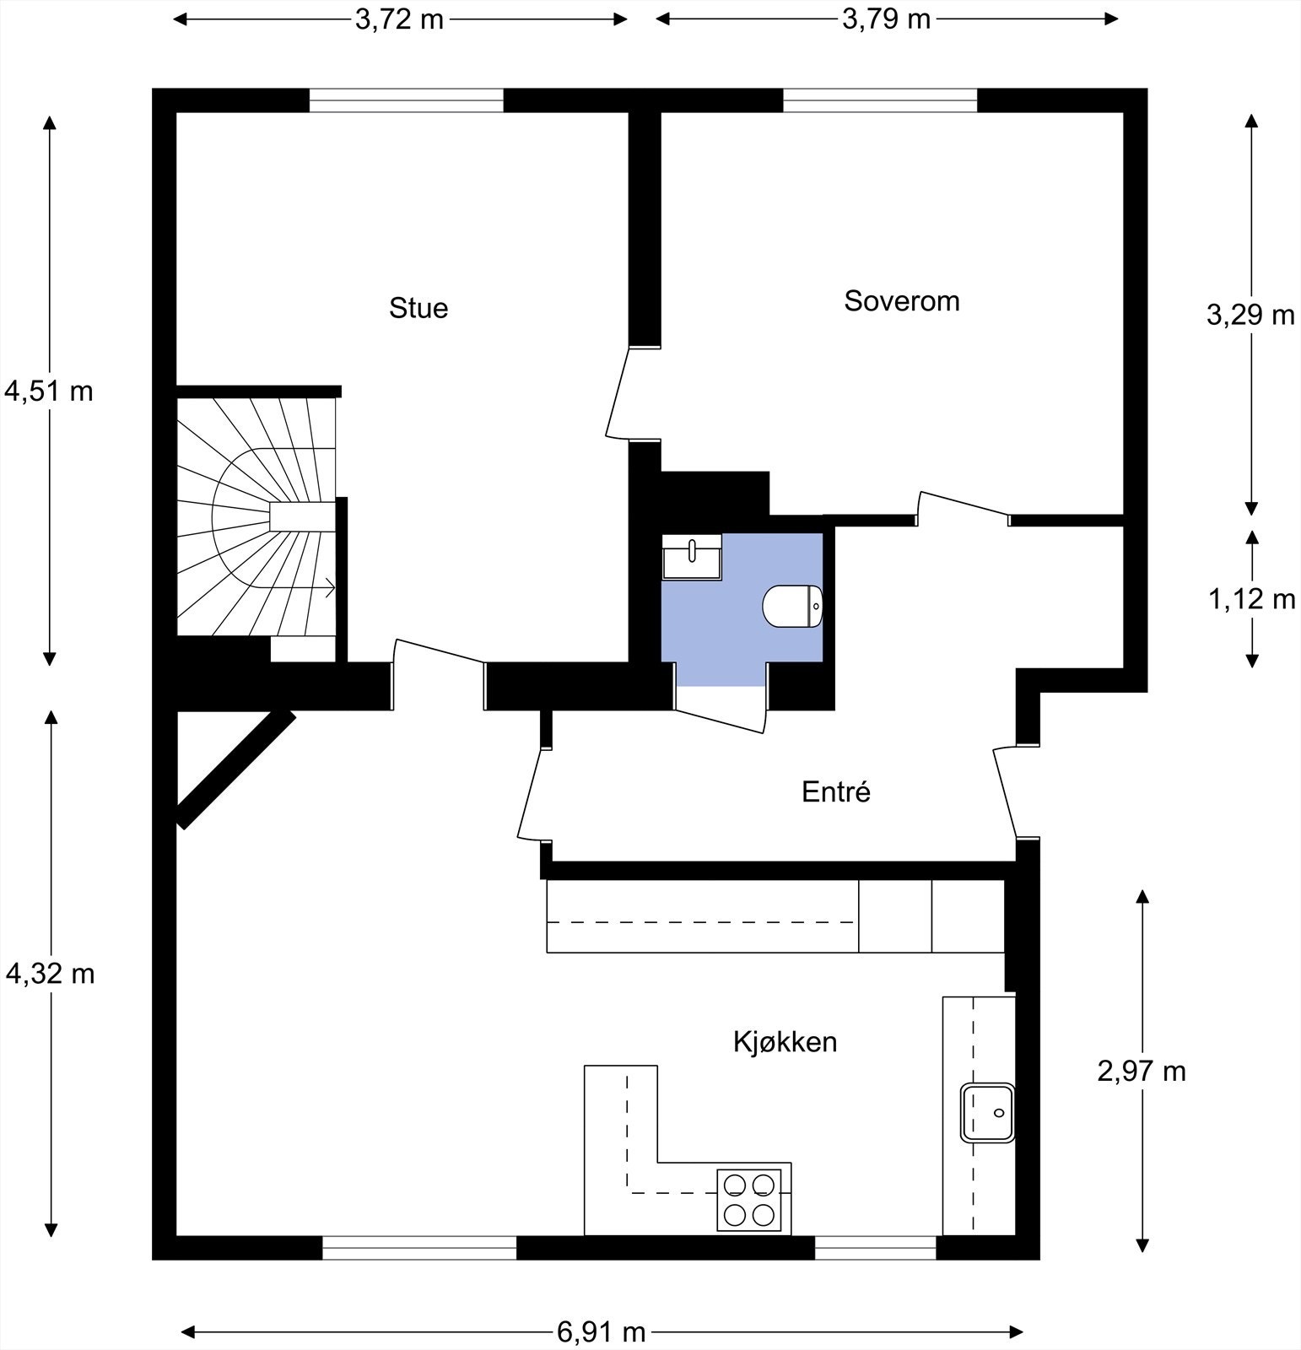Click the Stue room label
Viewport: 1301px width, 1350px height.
[x=418, y=308]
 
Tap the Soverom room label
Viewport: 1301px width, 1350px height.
[x=901, y=301]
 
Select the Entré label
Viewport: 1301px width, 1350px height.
[x=835, y=791]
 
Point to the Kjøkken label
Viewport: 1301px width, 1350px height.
[x=785, y=1042]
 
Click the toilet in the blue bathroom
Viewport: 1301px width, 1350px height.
[x=791, y=606]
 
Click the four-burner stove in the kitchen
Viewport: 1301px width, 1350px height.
[x=748, y=1200]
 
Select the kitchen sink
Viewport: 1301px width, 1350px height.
[x=987, y=1113]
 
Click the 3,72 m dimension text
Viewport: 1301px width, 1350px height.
[x=399, y=19]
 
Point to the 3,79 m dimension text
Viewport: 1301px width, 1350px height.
[x=886, y=19]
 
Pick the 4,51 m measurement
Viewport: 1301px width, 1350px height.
[x=49, y=391]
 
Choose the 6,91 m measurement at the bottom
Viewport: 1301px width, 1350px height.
[x=601, y=1332]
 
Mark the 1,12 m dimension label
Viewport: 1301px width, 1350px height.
[x=1251, y=599]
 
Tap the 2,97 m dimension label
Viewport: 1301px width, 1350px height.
[x=1142, y=1071]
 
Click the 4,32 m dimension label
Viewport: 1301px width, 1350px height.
[x=50, y=974]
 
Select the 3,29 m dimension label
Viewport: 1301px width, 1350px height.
[x=1250, y=315]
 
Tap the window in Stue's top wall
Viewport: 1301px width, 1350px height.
[x=406, y=100]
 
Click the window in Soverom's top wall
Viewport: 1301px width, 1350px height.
[x=880, y=100]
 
